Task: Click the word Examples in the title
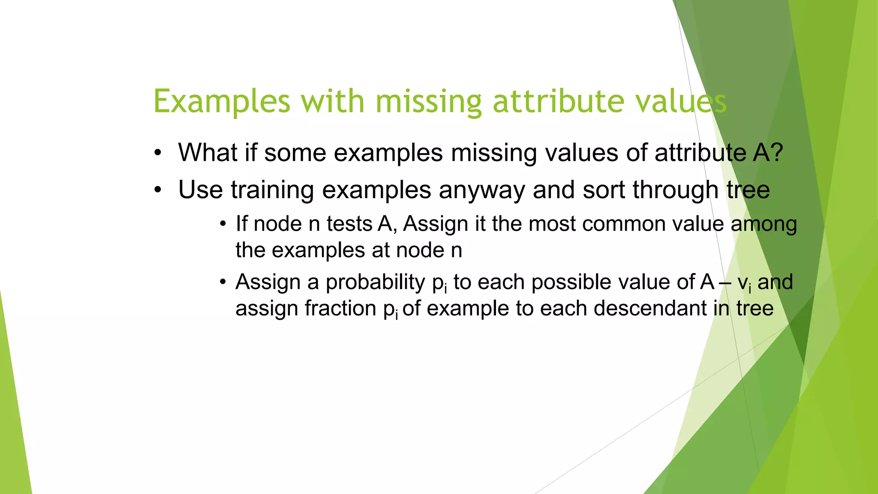pyautogui.click(x=222, y=102)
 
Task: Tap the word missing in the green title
pyautogui.click(x=429, y=102)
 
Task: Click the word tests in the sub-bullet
pyautogui.click(x=349, y=224)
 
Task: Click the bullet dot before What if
pyautogui.click(x=158, y=153)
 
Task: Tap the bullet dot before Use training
pyautogui.click(x=158, y=190)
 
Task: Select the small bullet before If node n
pyautogui.click(x=223, y=224)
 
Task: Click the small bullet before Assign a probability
pyautogui.click(x=223, y=283)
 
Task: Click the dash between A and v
pyautogui.click(x=726, y=283)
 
